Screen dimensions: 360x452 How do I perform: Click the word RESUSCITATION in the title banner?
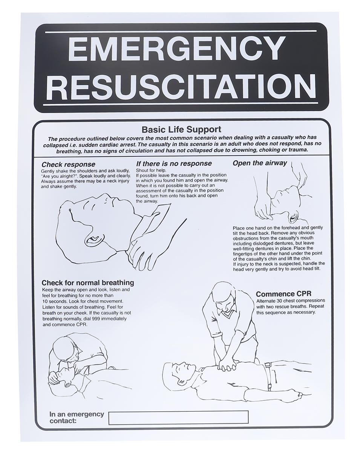pyautogui.click(x=181, y=86)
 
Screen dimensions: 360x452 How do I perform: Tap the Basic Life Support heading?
pyautogui.click(x=181, y=130)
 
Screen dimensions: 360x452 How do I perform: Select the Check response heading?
pyautogui.click(x=68, y=164)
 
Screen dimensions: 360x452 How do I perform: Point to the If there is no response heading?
pyautogui.click(x=174, y=163)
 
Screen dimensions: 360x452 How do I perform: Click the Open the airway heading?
pyautogui.click(x=260, y=163)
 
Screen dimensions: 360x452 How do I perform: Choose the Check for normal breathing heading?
pyautogui.click(x=88, y=283)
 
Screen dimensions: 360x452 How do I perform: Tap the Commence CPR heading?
pyautogui.click(x=283, y=294)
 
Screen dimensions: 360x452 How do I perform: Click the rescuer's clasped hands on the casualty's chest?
pyautogui.click(x=227, y=365)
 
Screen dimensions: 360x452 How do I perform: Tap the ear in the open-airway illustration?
pyautogui.click(x=294, y=217)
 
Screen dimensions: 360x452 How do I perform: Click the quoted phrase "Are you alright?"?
pyautogui.click(x=59, y=176)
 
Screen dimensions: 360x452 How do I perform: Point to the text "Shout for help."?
pyautogui.click(x=151, y=170)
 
